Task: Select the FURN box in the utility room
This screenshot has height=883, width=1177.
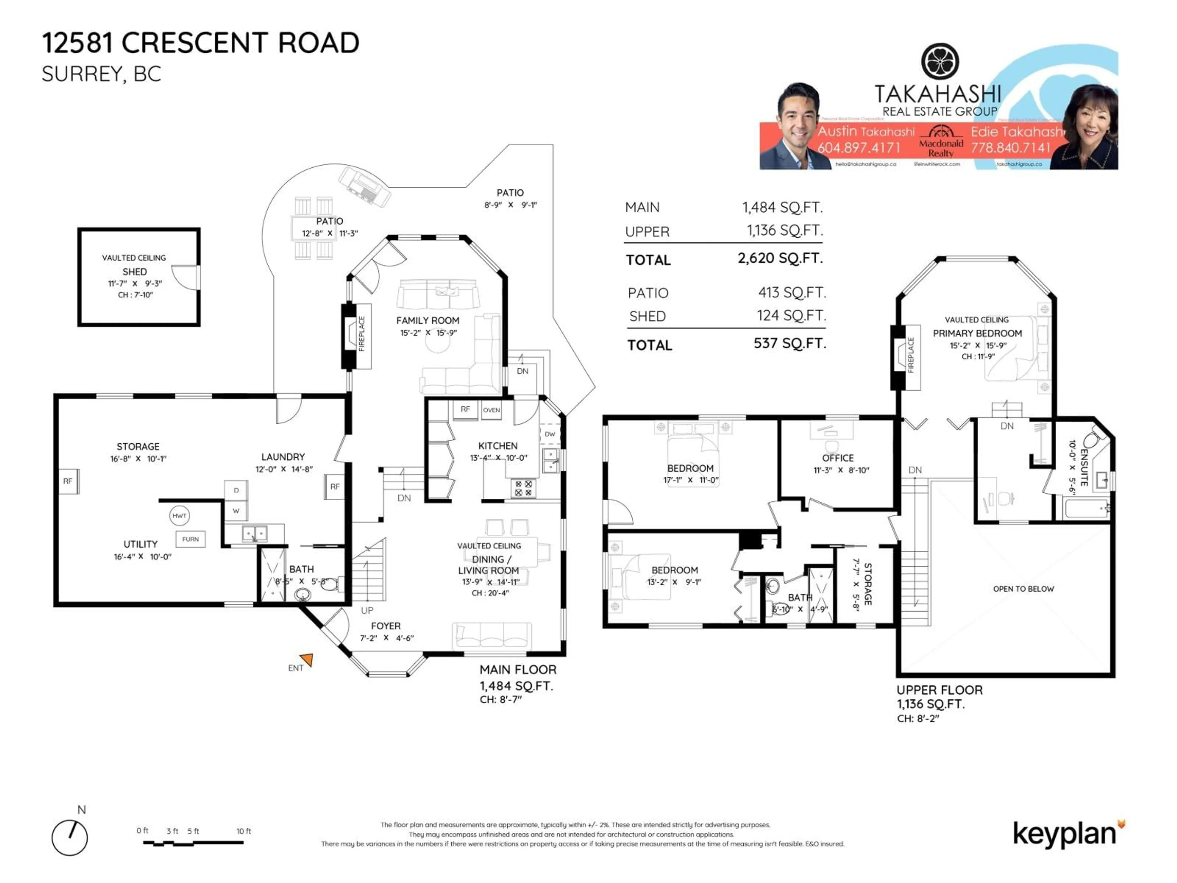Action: [x=190, y=539]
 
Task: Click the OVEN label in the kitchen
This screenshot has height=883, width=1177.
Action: [x=491, y=410]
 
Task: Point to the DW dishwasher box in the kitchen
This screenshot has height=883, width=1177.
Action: [x=550, y=434]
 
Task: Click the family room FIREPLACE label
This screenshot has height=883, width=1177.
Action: [x=362, y=334]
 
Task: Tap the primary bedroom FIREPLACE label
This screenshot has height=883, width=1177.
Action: [x=910, y=355]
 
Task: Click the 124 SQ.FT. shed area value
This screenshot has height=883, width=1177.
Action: [x=791, y=315]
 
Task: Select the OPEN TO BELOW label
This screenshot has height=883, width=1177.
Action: [x=1023, y=589]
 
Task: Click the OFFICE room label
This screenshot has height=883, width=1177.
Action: [x=837, y=458]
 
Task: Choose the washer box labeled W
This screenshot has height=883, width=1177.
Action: [x=236, y=510]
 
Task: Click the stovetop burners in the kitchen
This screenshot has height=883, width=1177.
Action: [x=523, y=488]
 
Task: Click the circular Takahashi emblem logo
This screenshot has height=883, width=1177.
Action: [x=940, y=62]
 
